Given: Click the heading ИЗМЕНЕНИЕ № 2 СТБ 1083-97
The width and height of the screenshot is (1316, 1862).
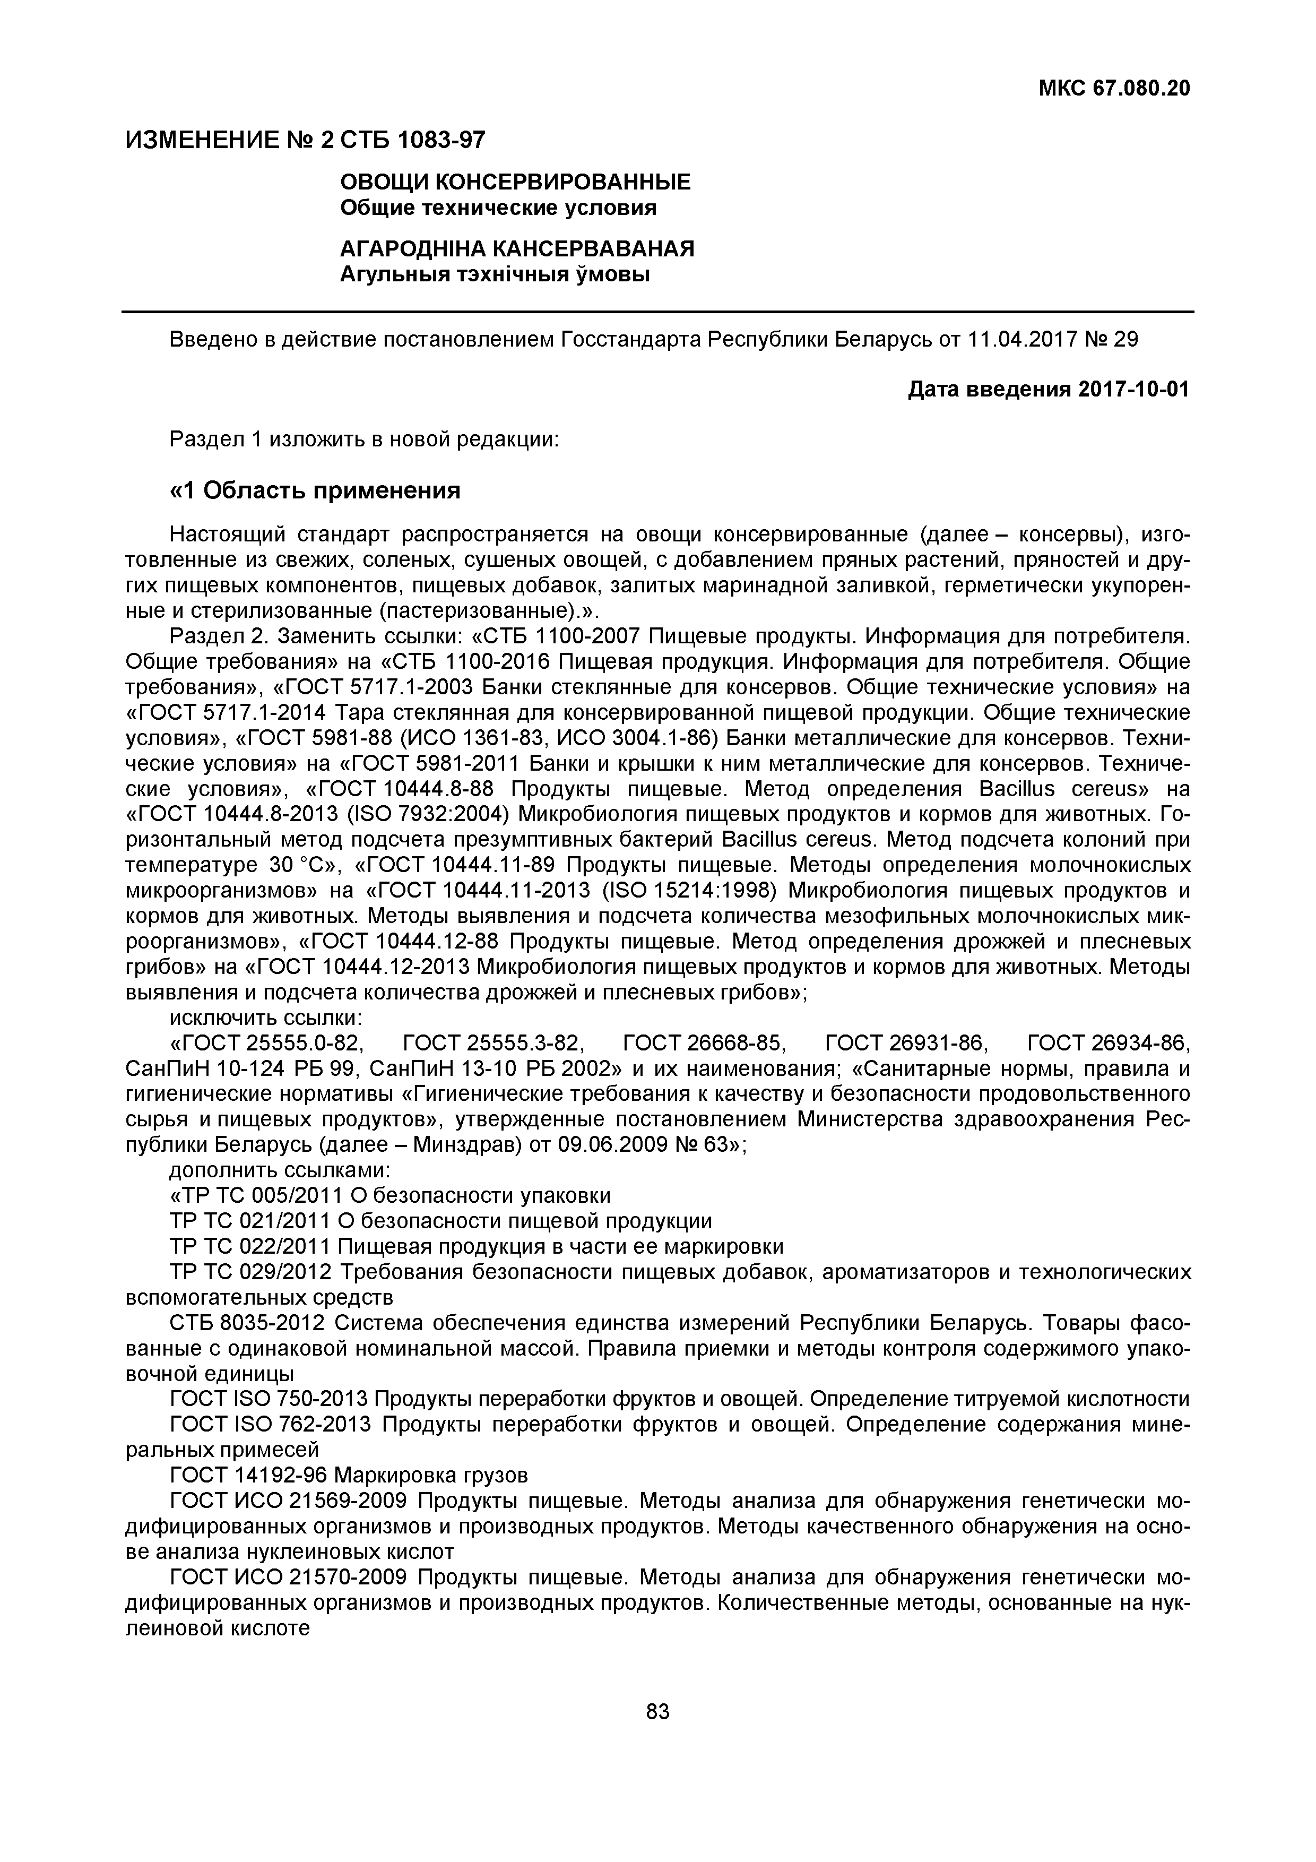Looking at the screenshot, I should pyautogui.click(x=306, y=140).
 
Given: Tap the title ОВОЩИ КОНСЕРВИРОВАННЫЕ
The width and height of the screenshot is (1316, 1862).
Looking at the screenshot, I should pyautogui.click(x=515, y=182).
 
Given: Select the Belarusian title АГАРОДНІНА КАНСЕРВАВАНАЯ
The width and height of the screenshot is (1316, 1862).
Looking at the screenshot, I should pyautogui.click(x=516, y=248).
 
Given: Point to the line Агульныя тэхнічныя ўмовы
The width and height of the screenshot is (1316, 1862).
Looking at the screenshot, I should pyautogui.click(x=495, y=275).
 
